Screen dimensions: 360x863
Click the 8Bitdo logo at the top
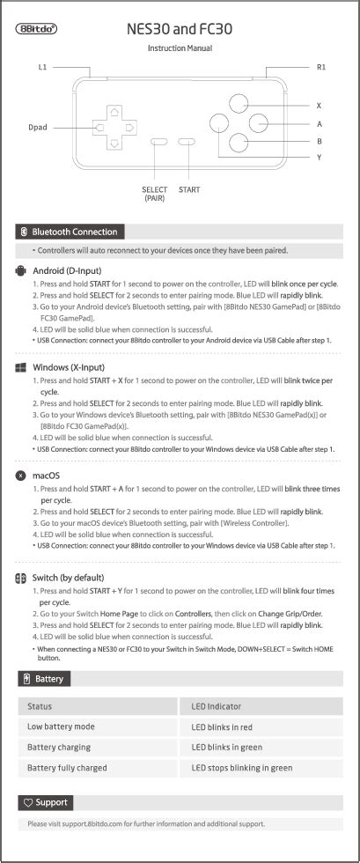(37, 28)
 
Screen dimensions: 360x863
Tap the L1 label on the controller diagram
(42, 67)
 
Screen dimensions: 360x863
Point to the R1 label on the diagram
(321, 67)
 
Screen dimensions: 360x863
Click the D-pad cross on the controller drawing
(114, 128)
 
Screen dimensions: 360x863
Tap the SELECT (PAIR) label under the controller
(155, 194)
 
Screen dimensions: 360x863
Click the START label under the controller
(188, 189)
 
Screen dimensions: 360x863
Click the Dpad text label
(37, 128)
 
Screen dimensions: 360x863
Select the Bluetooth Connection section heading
(74, 232)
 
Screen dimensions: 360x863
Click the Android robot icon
(22, 270)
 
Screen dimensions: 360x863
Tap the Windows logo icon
(22, 367)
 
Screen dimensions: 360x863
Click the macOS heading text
(46, 476)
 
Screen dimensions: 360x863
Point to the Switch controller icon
(21, 578)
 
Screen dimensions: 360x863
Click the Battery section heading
(48, 679)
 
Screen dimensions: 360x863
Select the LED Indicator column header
(217, 706)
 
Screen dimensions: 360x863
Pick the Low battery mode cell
(61, 727)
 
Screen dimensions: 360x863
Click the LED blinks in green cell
(227, 748)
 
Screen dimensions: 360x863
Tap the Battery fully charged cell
(67, 768)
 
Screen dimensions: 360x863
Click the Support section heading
(50, 802)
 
